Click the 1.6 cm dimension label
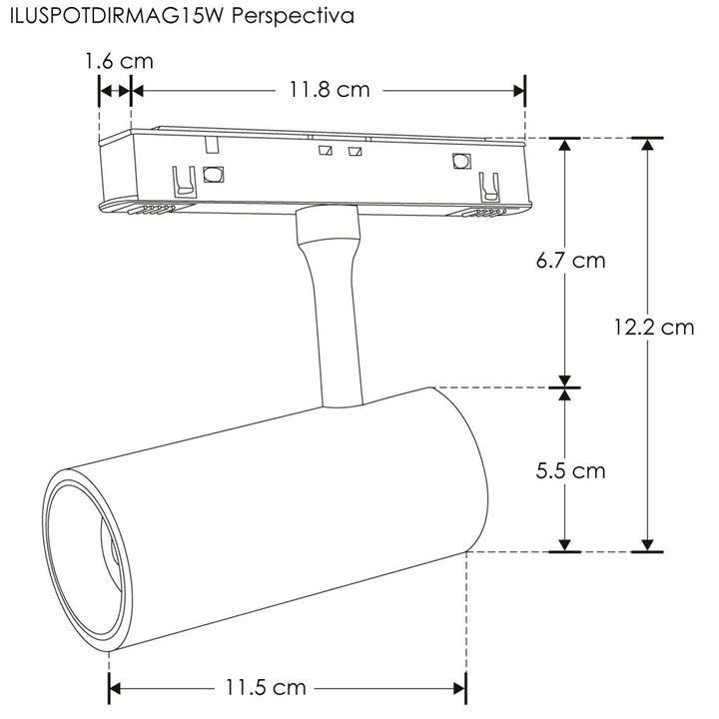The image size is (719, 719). [x=119, y=61]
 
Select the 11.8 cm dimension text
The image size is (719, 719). [x=330, y=90]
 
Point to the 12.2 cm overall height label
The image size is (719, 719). [x=654, y=327]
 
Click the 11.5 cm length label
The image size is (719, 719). [x=265, y=687]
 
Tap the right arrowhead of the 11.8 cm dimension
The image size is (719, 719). [x=518, y=90]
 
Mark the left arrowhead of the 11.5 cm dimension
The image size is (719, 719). [x=116, y=688]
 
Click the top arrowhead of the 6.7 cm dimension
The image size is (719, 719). [x=565, y=146]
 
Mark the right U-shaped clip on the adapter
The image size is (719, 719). [x=488, y=187]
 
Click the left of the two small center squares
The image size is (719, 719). [x=324, y=152]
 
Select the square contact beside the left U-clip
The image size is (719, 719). [x=212, y=175]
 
